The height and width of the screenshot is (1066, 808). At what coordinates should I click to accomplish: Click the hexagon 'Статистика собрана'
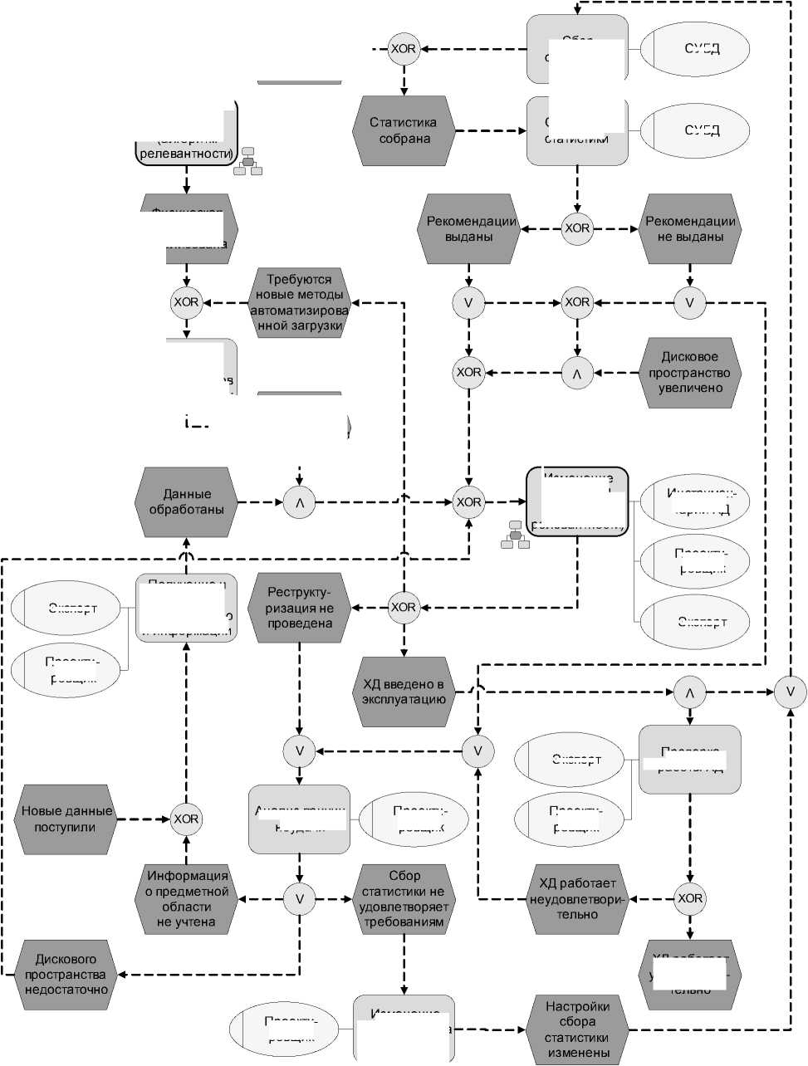404,130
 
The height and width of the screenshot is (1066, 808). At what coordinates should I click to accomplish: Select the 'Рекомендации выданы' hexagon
469,228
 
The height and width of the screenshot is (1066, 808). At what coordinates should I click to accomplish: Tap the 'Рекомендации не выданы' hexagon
689,228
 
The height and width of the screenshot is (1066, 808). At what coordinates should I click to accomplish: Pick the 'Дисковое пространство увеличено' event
689,372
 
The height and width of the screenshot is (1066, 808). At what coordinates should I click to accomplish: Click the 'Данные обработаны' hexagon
186,501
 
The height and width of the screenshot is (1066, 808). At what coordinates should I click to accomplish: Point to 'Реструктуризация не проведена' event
300,607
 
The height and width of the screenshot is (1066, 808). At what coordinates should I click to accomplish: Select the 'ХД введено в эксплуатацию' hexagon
404,692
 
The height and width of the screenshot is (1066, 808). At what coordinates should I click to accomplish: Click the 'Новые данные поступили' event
65,819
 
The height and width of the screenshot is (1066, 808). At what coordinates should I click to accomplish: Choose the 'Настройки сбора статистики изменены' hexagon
577,1030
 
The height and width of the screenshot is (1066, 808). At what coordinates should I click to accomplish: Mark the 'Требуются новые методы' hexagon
299,302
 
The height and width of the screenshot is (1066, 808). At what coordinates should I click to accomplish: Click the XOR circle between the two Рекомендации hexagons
577,227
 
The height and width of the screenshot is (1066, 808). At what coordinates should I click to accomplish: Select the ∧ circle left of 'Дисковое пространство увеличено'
577,372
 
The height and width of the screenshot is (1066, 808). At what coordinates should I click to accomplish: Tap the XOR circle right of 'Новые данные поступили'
186,819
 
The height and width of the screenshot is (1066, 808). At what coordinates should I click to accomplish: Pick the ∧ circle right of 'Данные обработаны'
300,501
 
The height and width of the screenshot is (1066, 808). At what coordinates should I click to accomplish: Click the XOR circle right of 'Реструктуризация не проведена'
404,607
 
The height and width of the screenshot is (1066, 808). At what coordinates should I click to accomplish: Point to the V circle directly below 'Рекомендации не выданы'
689,302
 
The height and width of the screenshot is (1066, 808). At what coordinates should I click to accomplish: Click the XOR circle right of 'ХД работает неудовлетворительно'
689,898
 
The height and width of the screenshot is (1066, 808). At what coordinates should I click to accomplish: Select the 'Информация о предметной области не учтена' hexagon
186,898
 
